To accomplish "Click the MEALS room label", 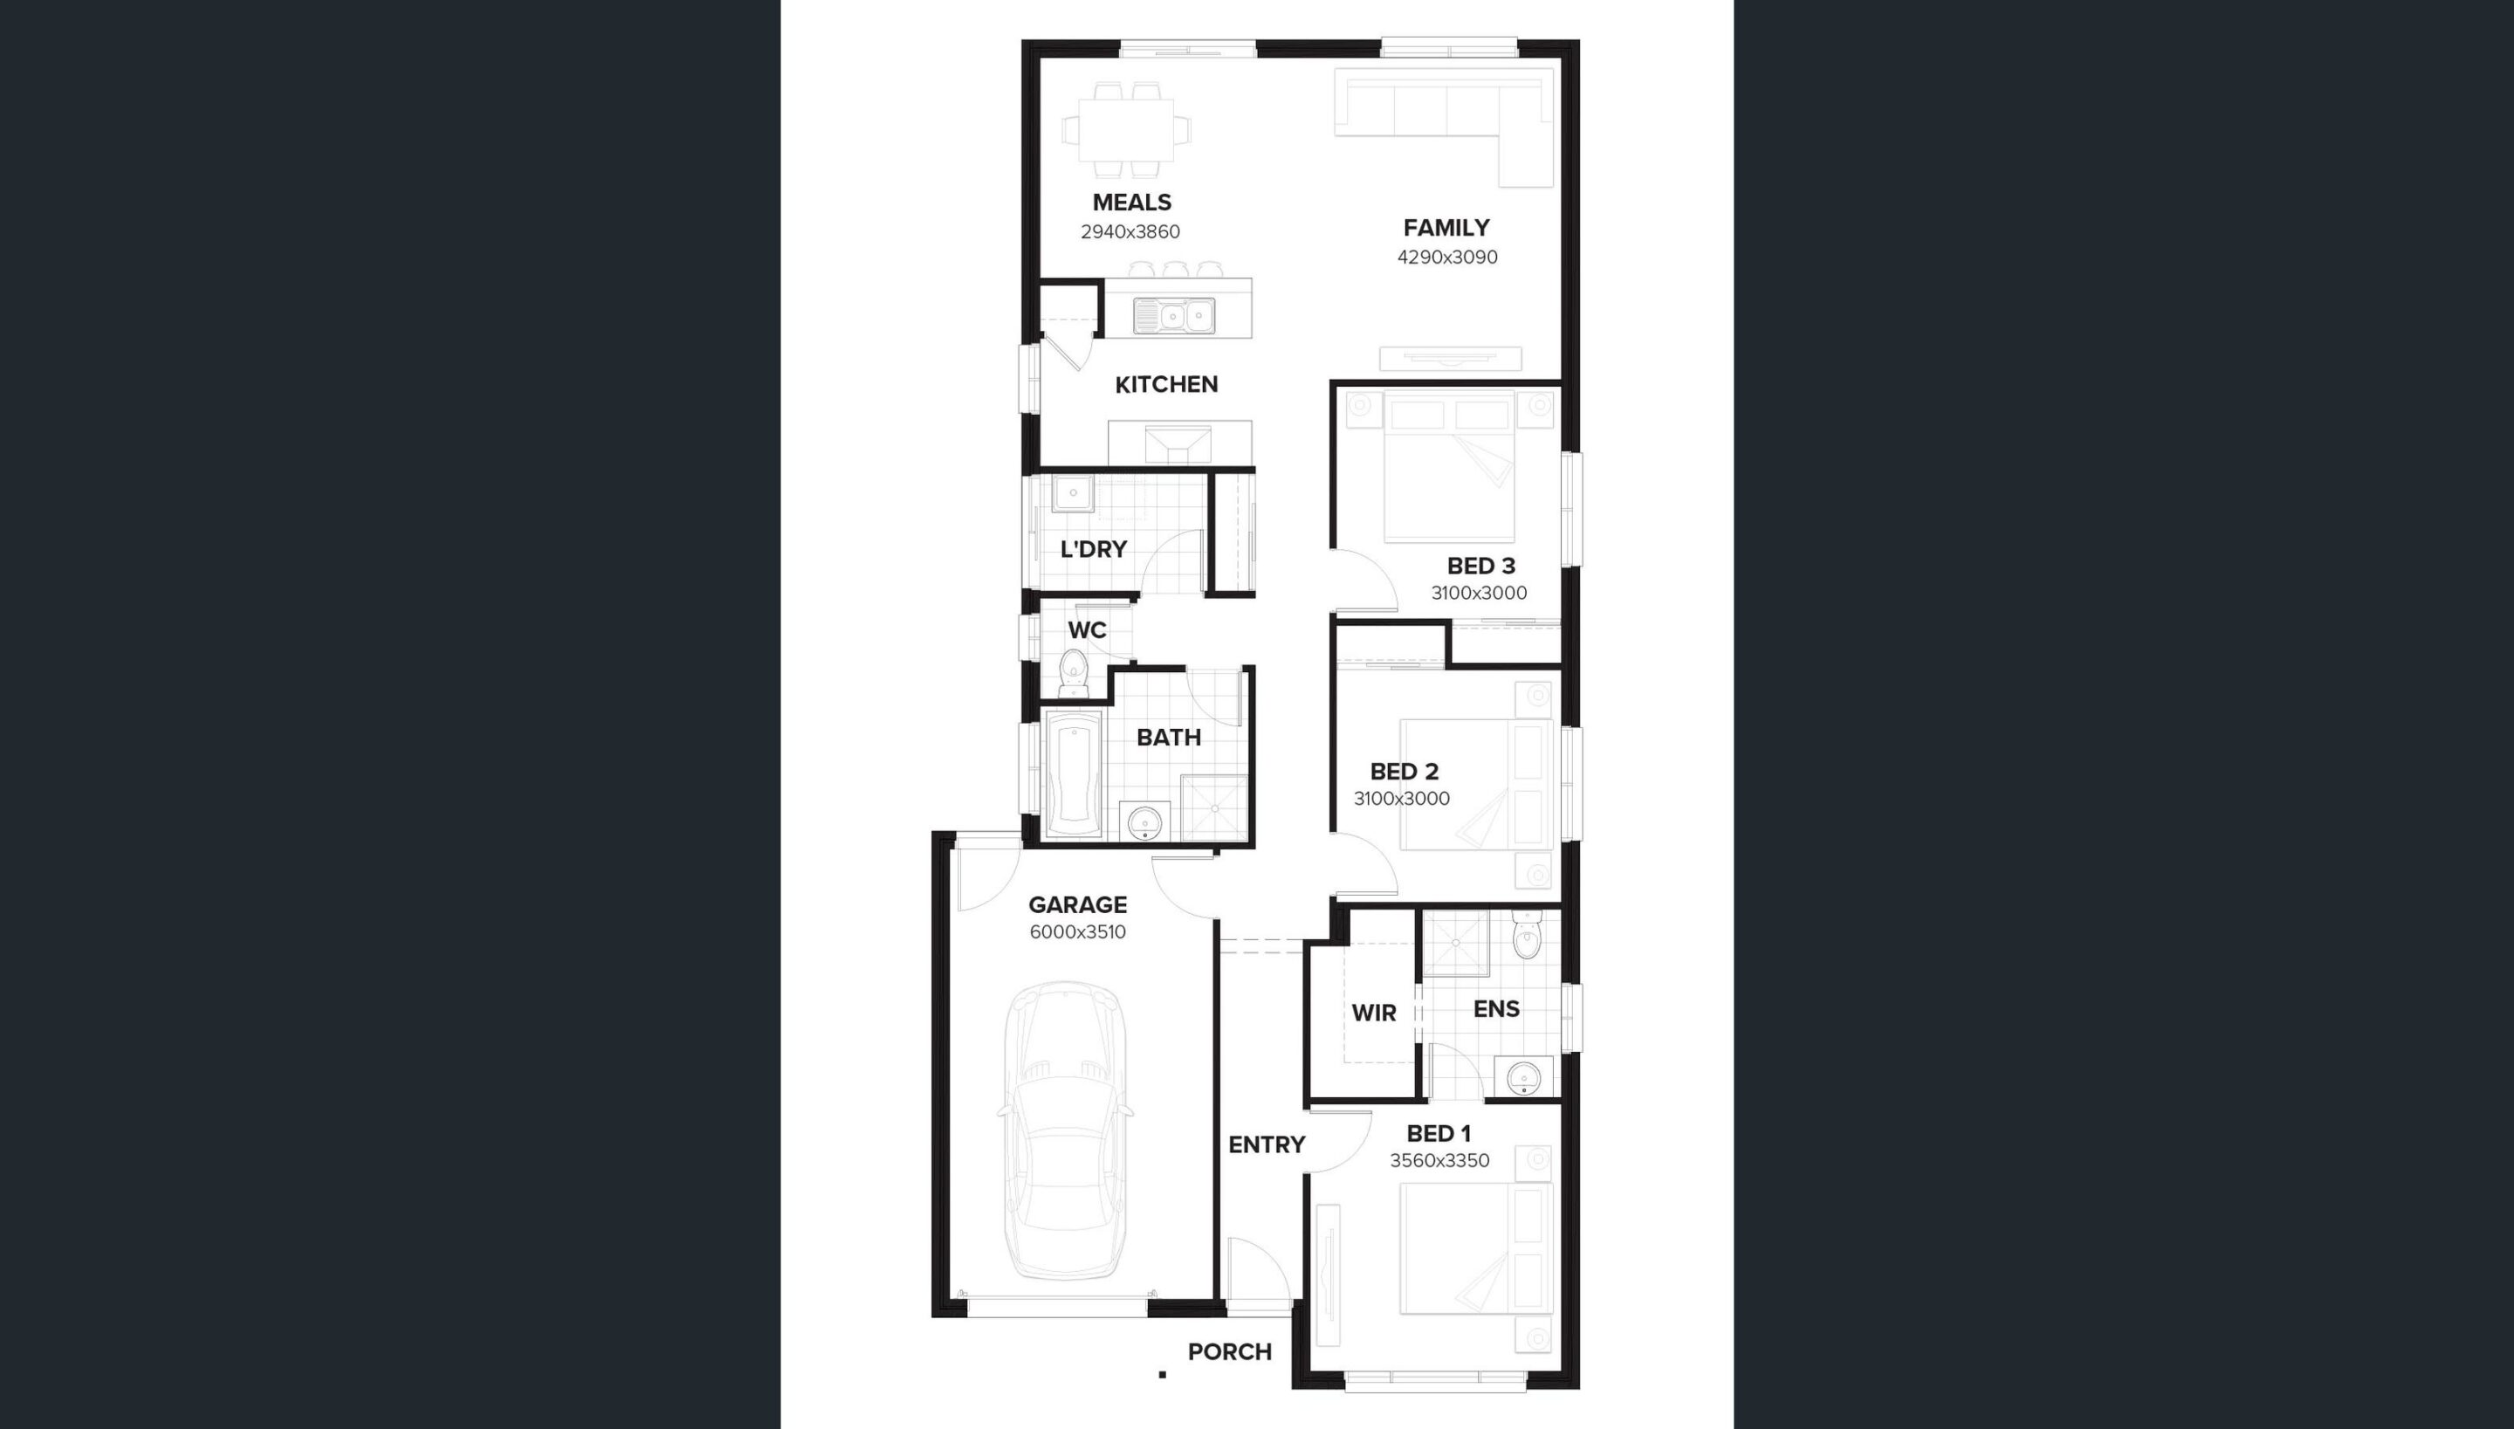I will tap(1131, 203).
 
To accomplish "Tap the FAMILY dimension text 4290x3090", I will tap(1447, 258).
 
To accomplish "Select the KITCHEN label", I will tap(1165, 385).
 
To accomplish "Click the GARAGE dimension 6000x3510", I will tap(1077, 932).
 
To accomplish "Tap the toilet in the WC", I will tap(1074, 671).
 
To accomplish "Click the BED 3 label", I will tap(1480, 567).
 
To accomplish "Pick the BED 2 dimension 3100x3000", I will tap(1401, 799).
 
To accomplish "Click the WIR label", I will tap(1373, 1013).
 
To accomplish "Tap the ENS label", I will tap(1496, 1009).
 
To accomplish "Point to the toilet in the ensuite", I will tap(1527, 938).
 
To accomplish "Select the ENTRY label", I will tap(1267, 1144).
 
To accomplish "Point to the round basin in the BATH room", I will tap(1144, 821).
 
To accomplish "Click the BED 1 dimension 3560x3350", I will tap(1439, 1161).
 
